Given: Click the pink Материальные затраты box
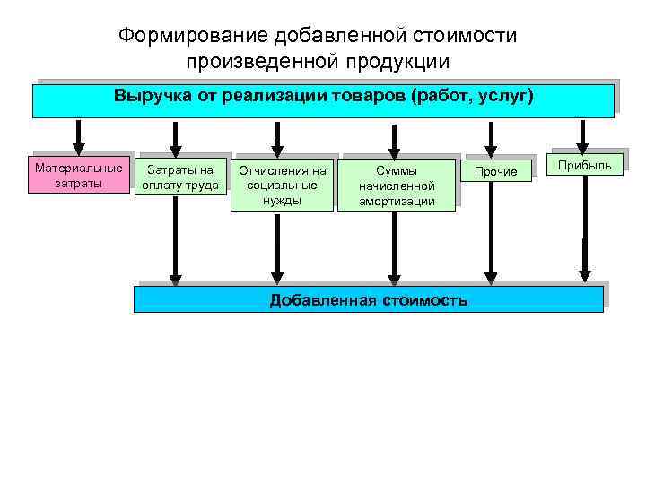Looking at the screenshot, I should tap(79, 176).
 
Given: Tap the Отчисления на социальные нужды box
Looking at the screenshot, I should tap(282, 185).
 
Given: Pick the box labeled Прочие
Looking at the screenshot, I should tap(495, 171).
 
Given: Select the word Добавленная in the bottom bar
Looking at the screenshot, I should tap(322, 300).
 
